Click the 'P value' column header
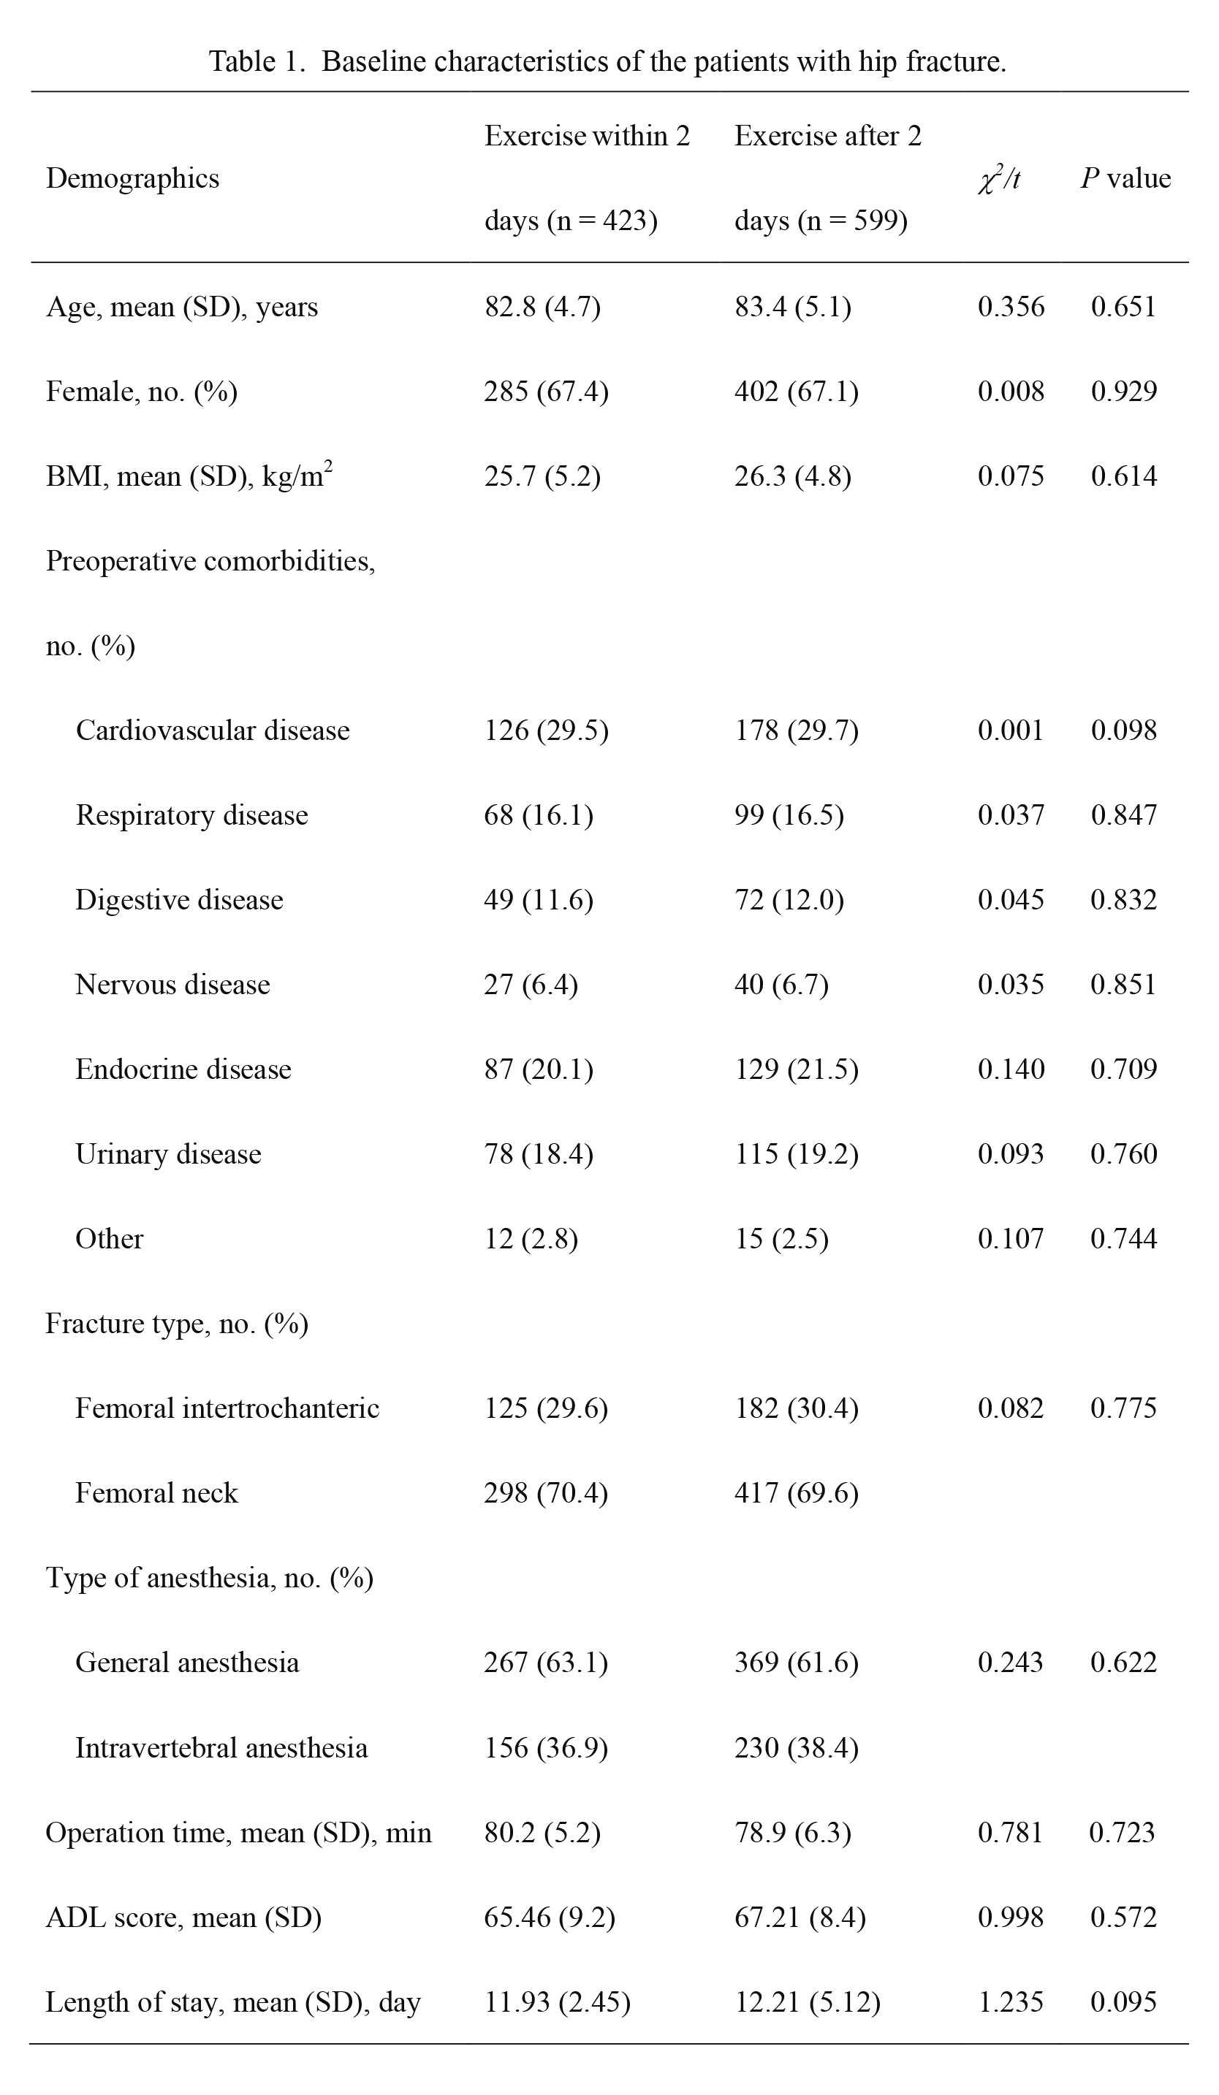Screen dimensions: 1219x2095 coord(1125,179)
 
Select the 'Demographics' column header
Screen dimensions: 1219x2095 coord(132,179)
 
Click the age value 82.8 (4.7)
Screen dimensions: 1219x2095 coord(542,307)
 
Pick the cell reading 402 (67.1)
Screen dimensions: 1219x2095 coord(796,392)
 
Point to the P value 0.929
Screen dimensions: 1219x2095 coord(1123,392)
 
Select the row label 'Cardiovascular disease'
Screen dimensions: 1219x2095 coord(213,730)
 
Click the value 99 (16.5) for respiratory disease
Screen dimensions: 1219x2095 coord(789,814)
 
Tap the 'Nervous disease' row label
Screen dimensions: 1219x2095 coord(173,985)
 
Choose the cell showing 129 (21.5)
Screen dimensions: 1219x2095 coord(796,1069)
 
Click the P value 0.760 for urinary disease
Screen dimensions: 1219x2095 coord(1123,1154)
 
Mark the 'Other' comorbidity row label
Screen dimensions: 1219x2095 coord(109,1239)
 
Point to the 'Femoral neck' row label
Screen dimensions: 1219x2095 coord(156,1493)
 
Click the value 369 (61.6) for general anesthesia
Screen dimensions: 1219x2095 coord(796,1663)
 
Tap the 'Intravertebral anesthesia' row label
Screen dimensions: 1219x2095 coord(221,1747)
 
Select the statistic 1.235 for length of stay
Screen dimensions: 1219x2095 coord(1010,2003)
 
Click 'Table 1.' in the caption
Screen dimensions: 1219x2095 coord(258,61)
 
